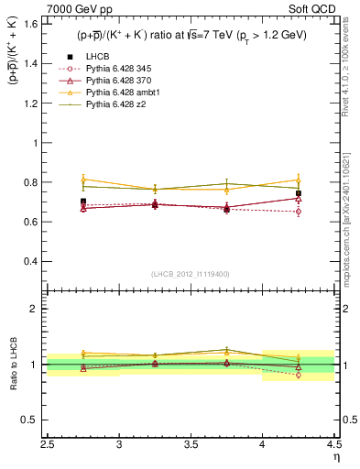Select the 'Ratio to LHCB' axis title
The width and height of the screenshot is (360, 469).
[x=13, y=365]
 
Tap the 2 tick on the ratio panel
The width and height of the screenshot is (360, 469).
[x=36, y=309]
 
